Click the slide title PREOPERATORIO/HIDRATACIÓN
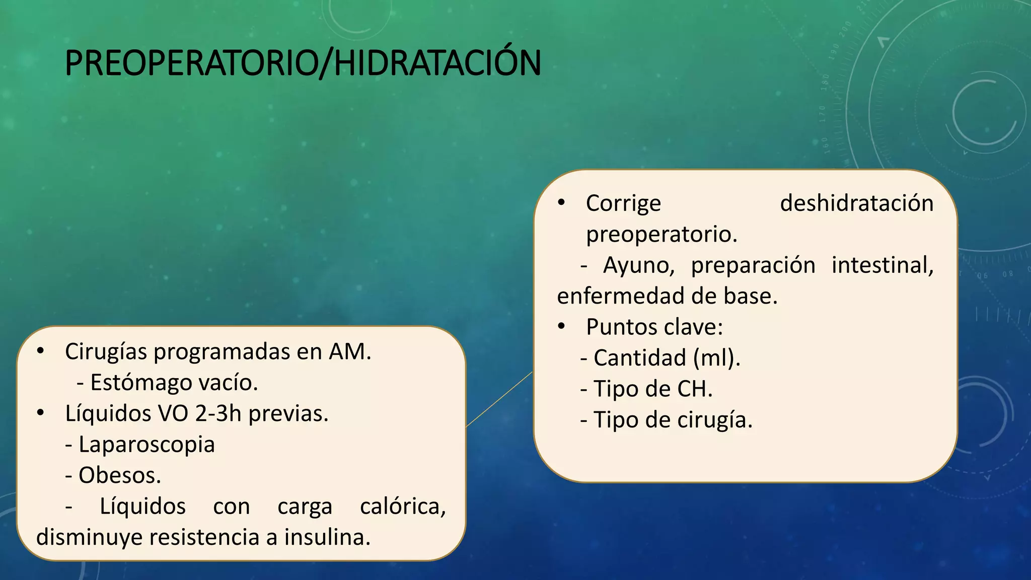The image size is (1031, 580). [x=303, y=63]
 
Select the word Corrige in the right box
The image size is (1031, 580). [x=623, y=203]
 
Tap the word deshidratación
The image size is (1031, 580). [x=856, y=203]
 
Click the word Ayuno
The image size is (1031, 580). [x=638, y=265]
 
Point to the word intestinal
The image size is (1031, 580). [x=882, y=265]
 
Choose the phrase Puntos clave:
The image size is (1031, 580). [x=654, y=327]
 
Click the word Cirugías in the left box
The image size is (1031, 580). [x=106, y=352]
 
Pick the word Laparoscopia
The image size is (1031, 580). [x=146, y=445]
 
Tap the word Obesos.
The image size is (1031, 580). [x=119, y=475]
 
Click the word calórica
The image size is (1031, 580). [x=403, y=506]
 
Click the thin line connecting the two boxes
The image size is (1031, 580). [x=499, y=400]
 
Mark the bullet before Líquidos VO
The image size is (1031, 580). [x=41, y=413]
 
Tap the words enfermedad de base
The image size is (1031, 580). [x=667, y=296]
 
